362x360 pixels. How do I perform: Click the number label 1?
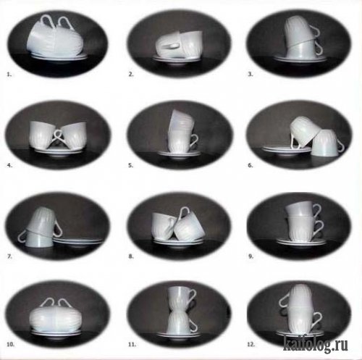[9, 75]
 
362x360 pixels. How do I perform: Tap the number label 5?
[130, 166]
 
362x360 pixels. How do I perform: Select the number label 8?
[131, 256]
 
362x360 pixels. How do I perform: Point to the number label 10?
[11, 345]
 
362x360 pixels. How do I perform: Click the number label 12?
[251, 345]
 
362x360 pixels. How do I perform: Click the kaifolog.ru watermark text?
[316, 344]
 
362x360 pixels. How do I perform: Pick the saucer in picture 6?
[287, 149]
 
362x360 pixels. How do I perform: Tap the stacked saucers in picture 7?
[77, 241]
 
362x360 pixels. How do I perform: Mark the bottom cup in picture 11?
[181, 322]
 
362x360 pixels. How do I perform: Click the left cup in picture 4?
[44, 135]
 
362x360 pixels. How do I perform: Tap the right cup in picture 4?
[73, 136]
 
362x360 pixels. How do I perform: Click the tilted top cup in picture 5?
[181, 122]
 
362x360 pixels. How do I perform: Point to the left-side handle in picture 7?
[21, 236]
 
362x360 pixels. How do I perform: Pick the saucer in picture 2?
[177, 59]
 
